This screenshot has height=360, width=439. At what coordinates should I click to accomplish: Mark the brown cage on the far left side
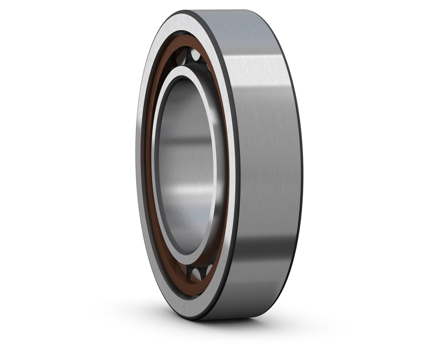click(x=148, y=166)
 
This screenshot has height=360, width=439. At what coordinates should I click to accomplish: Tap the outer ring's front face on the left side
click(x=141, y=166)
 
